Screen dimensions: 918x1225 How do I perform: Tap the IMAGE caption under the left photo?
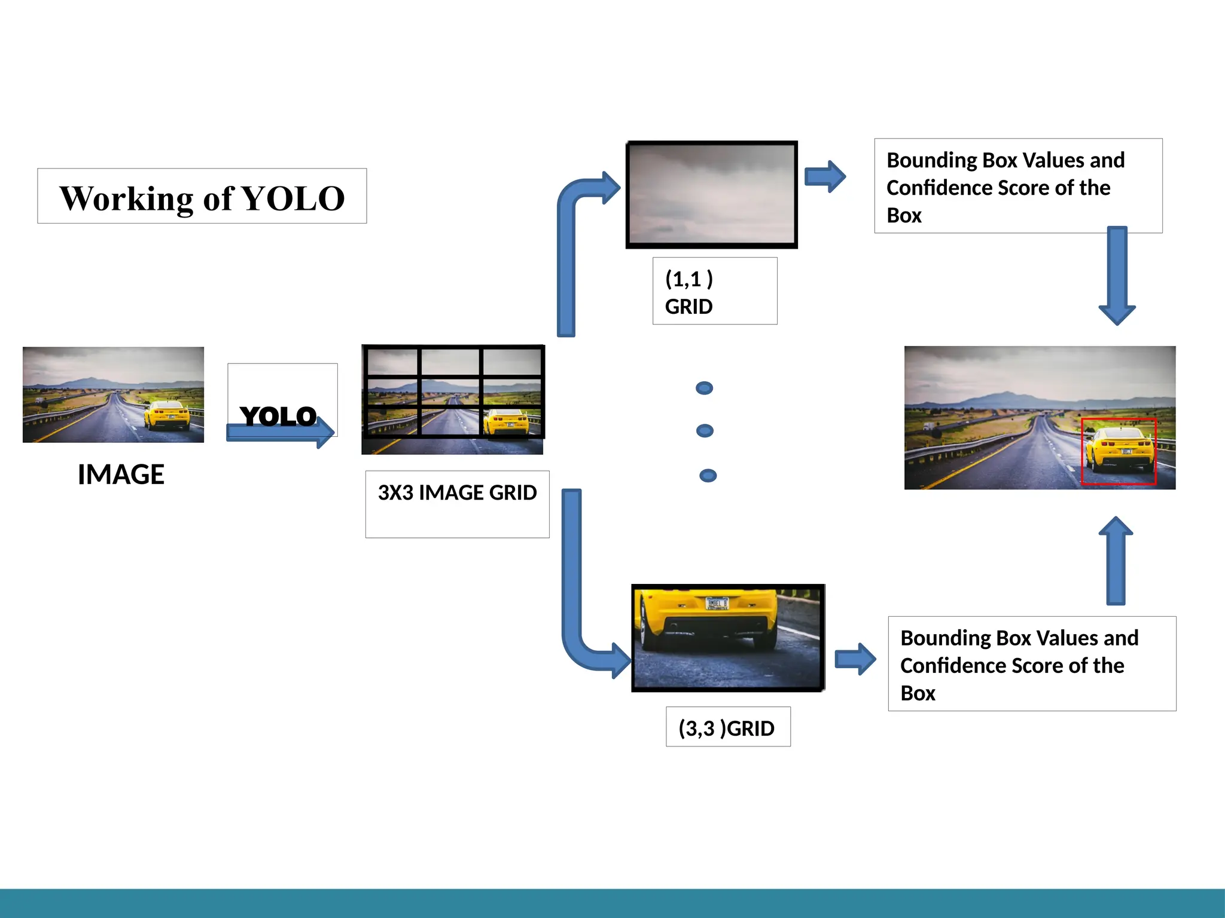[x=121, y=475]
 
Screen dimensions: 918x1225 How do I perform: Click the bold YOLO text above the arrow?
[x=278, y=416]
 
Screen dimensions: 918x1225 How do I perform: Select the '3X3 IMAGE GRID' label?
[x=457, y=493]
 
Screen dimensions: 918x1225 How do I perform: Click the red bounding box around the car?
[x=1119, y=452]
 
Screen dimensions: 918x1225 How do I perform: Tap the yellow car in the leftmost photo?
[x=167, y=414]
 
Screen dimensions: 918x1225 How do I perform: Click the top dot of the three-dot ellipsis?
[x=704, y=388]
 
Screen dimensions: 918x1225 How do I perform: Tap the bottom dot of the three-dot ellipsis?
[x=708, y=476]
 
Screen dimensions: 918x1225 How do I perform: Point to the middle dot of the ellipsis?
[x=705, y=431]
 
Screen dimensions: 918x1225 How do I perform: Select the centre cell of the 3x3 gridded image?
[x=450, y=392]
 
